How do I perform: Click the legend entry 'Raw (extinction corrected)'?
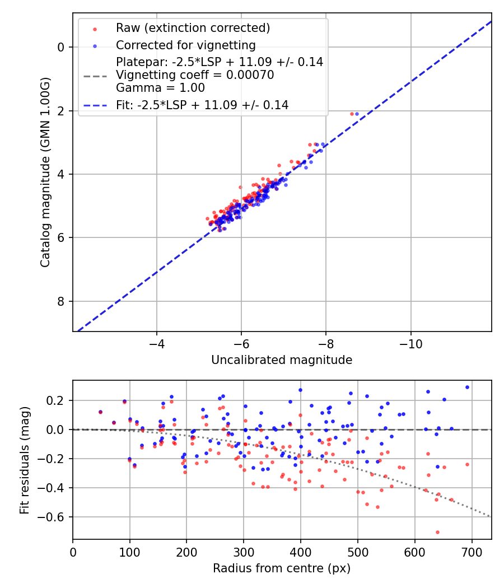click(193, 27)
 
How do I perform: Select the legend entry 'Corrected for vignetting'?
click(185, 45)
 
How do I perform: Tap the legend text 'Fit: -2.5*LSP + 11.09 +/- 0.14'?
click(202, 105)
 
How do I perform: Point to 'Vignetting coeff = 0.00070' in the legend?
click(195, 75)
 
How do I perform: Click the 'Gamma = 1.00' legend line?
click(160, 88)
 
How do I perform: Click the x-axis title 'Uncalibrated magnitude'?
click(282, 360)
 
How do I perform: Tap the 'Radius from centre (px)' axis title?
click(282, 568)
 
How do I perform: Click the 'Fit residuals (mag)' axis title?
click(24, 460)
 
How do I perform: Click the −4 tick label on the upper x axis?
click(156, 342)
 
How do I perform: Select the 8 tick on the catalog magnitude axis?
click(62, 301)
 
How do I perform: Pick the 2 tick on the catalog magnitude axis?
click(62, 111)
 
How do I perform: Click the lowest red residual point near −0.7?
click(437, 532)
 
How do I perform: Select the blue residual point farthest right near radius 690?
click(467, 387)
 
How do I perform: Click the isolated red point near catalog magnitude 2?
click(352, 114)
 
